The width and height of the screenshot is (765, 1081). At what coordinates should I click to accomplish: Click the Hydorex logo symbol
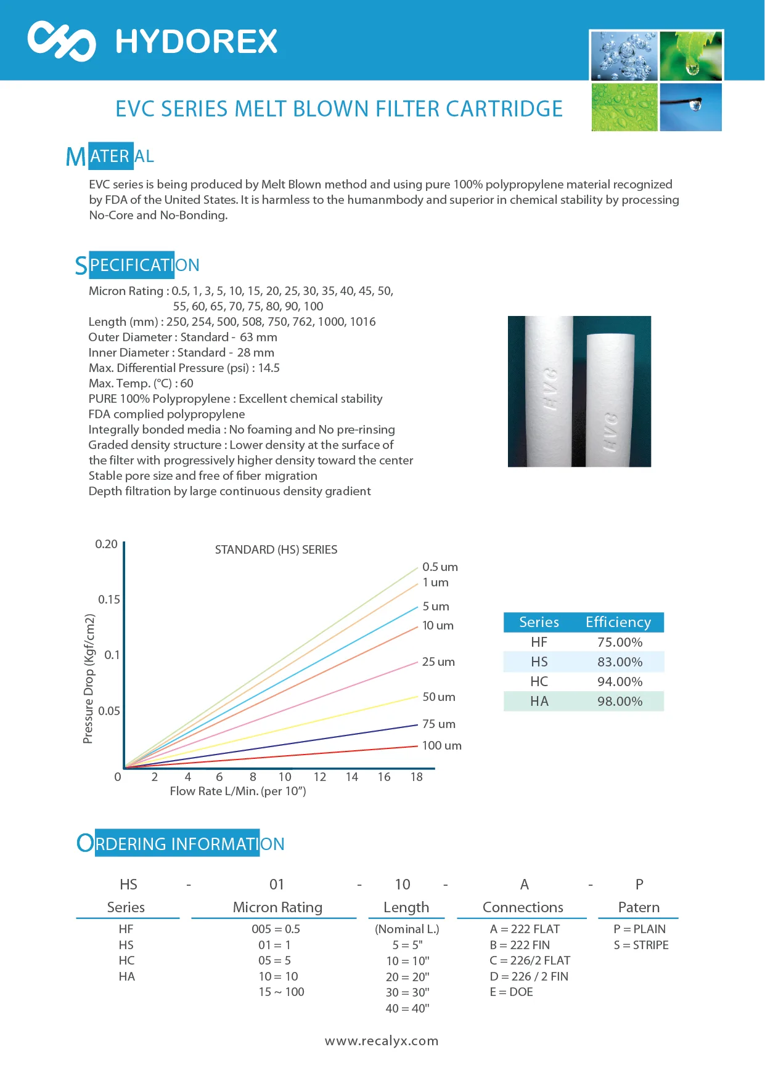click(x=62, y=41)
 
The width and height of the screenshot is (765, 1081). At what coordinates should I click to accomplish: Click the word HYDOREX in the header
click(x=197, y=42)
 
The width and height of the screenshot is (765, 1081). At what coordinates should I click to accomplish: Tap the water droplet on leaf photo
click(x=690, y=56)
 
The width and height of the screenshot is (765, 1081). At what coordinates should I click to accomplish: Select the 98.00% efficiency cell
click(x=620, y=701)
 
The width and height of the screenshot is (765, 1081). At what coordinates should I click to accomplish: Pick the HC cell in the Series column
click(x=539, y=681)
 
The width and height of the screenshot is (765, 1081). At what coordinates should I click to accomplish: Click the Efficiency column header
click(x=618, y=622)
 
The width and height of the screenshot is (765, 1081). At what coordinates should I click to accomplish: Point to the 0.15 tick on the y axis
click(x=109, y=599)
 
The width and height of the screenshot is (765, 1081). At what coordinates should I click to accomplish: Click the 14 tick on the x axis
click(x=351, y=777)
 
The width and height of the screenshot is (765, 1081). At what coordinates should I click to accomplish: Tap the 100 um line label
click(x=441, y=745)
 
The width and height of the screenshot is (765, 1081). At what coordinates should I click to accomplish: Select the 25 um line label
click(x=438, y=662)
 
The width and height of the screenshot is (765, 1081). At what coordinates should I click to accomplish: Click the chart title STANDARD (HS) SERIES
click(x=276, y=549)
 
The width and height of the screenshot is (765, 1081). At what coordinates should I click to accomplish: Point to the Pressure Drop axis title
click(x=89, y=678)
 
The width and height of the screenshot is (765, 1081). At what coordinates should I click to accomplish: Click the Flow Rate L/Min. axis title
click(x=238, y=791)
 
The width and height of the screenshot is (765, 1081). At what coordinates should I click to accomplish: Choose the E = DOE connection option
click(x=511, y=992)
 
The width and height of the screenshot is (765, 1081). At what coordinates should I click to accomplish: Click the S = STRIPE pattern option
click(x=640, y=945)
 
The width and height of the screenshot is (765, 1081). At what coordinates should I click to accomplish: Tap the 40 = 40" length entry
click(x=407, y=1008)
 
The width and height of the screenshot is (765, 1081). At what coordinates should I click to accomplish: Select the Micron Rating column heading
click(x=277, y=907)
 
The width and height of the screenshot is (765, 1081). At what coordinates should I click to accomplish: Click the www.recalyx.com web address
click(x=382, y=1041)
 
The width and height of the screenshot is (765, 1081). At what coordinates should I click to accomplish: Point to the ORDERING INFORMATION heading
click(x=181, y=843)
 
